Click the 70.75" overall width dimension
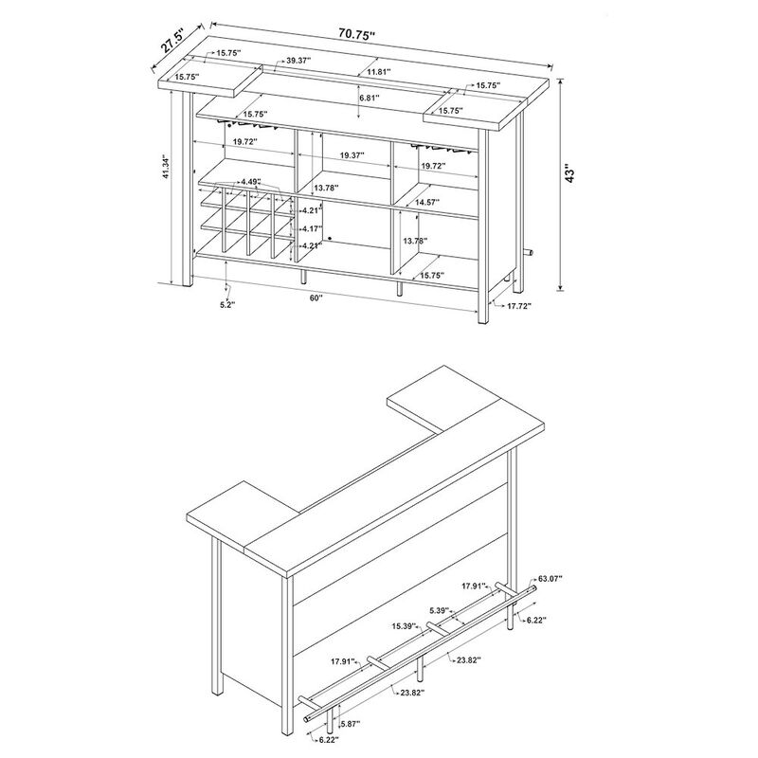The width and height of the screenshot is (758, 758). pos(357,34)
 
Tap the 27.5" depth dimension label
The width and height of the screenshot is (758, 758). pos(172,42)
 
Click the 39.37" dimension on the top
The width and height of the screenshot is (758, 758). pos(298,61)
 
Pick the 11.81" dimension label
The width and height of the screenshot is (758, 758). pos(378,71)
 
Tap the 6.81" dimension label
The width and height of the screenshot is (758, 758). pos(369,98)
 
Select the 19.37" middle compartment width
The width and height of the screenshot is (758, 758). pos(352,155)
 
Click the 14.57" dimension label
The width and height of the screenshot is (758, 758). pos(427,202)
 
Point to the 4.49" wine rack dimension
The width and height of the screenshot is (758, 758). pos(251,182)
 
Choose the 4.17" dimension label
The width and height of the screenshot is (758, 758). pos(313,228)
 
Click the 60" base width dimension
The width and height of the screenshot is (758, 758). pos(316,298)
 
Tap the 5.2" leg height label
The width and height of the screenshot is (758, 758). pos(226,305)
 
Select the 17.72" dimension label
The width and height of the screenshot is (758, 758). pos(518,305)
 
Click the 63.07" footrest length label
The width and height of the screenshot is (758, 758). pos(550,578)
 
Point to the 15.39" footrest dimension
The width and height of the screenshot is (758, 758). pos(406,626)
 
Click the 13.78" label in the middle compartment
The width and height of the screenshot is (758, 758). pos(326,187)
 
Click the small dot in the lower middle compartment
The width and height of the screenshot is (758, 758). pos(329,238)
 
